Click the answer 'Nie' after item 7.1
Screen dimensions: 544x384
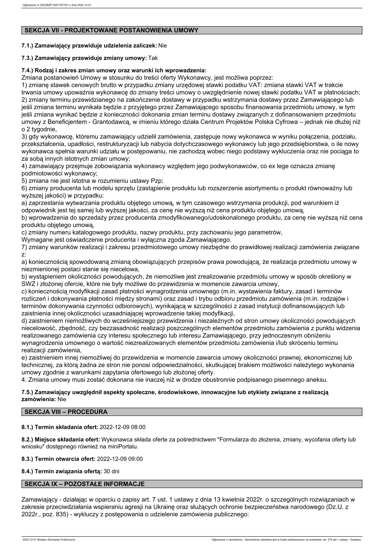tap(163, 46)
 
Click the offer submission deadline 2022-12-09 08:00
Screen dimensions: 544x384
tap(123, 427)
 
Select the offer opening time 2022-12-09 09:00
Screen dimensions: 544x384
tap(120, 459)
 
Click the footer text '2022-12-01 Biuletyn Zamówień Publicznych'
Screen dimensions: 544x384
tap(49, 539)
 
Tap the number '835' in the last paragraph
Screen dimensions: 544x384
tap(60, 514)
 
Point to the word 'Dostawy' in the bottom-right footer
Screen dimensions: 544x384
tap(355, 539)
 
